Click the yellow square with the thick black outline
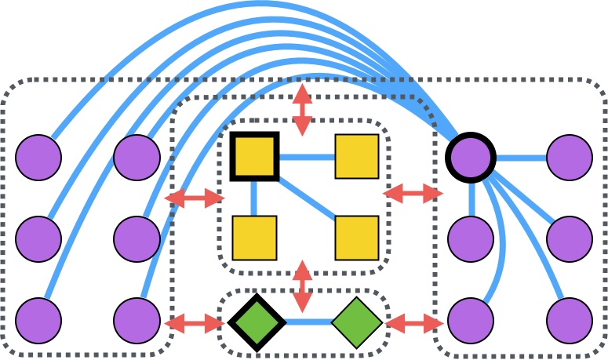[x=254, y=156]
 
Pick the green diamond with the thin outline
[x=357, y=322]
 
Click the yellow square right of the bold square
[x=357, y=156]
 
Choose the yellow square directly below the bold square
[x=254, y=237]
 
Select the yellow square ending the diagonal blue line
[x=357, y=237]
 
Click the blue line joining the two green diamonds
[x=306, y=322]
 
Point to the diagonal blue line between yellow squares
[x=306, y=197]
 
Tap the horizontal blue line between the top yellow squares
[x=306, y=157]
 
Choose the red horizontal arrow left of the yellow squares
[x=195, y=198]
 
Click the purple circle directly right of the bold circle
[x=569, y=157]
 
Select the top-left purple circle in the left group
[x=38, y=157]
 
